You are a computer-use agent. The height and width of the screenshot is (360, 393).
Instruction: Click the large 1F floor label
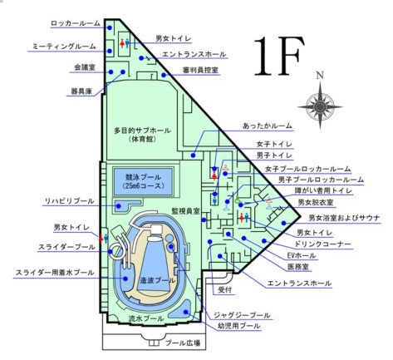pyautogui.click(x=279, y=57)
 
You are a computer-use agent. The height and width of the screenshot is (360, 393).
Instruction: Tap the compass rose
pyautogui.click(x=320, y=106)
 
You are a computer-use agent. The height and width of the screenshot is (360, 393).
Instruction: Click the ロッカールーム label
pyautogui.click(x=76, y=23)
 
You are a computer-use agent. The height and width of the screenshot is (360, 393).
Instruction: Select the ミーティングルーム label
pyautogui.click(x=64, y=47)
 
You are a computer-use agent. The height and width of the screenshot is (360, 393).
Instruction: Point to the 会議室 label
pyautogui.click(x=85, y=67)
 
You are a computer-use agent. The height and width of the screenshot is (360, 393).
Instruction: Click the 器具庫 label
pyautogui.click(x=81, y=91)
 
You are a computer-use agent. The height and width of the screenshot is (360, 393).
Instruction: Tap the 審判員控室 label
pyautogui.click(x=200, y=70)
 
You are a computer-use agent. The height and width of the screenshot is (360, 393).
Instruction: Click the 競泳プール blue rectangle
pyautogui.click(x=143, y=181)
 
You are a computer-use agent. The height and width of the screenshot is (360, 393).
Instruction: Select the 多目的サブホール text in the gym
pyautogui.click(x=143, y=131)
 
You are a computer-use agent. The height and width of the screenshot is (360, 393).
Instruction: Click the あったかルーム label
pyautogui.click(x=268, y=126)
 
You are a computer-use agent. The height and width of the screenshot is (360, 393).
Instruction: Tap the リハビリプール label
pyautogui.click(x=70, y=201)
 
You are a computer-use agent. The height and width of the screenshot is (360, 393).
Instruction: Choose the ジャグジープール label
pyautogui.click(x=242, y=315)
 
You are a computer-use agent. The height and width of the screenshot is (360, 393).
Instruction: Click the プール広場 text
pyautogui.click(x=183, y=343)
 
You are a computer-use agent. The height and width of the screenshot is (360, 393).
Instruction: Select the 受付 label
pyautogui.click(x=225, y=290)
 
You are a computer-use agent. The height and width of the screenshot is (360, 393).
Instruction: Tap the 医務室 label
pyautogui.click(x=298, y=267)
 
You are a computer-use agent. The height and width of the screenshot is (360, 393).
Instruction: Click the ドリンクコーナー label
pyautogui.click(x=322, y=244)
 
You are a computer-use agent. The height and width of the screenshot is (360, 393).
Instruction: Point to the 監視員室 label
pyautogui.click(x=185, y=211)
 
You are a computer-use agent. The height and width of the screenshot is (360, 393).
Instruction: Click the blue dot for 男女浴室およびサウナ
pyautogui.click(x=283, y=223)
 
